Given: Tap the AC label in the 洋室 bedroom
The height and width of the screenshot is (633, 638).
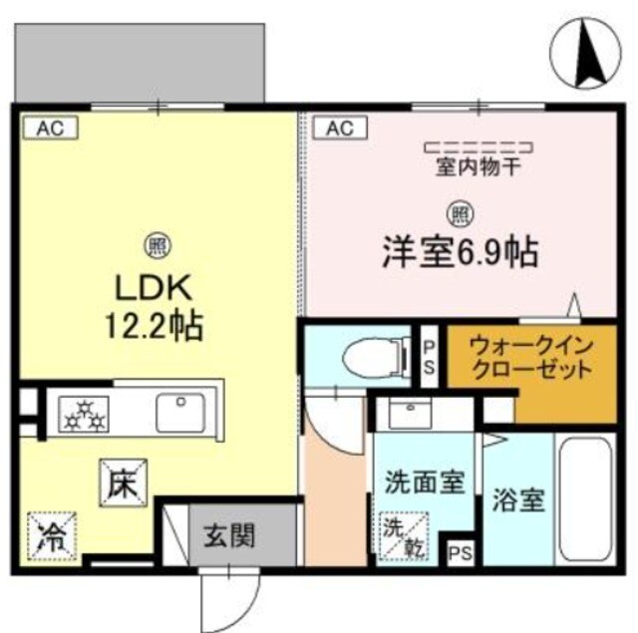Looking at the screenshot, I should (336, 128).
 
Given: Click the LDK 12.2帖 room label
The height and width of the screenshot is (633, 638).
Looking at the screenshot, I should (157, 305).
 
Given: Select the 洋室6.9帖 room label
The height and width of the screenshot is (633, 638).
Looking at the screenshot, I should (458, 250).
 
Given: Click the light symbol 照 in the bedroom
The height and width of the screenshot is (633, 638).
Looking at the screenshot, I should (458, 211).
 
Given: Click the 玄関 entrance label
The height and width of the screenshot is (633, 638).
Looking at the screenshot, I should (230, 534).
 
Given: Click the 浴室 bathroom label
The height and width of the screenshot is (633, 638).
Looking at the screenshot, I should (517, 499).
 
